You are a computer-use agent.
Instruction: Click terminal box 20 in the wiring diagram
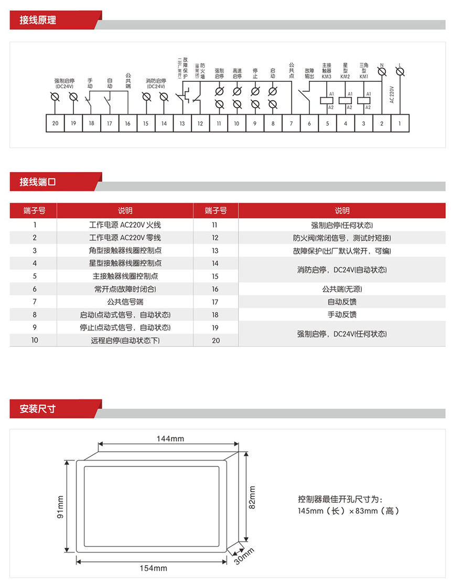point(56,123)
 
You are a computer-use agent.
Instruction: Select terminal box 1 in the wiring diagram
point(400,123)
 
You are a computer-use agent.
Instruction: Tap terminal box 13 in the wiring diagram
point(182,123)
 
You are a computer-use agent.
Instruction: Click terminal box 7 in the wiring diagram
point(291,123)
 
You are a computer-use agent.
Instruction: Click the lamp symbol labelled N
point(382,71)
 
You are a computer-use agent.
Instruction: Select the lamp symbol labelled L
point(400,71)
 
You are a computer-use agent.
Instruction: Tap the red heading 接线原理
point(38,21)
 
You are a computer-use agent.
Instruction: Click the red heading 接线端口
point(38,183)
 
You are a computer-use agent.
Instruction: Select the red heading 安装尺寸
point(38,409)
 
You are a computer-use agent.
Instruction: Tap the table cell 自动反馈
point(342,302)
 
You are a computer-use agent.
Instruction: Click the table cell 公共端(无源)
point(342,289)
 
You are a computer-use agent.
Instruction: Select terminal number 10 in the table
point(34,340)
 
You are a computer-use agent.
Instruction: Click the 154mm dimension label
point(155,568)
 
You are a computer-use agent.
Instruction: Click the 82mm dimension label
point(252,497)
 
